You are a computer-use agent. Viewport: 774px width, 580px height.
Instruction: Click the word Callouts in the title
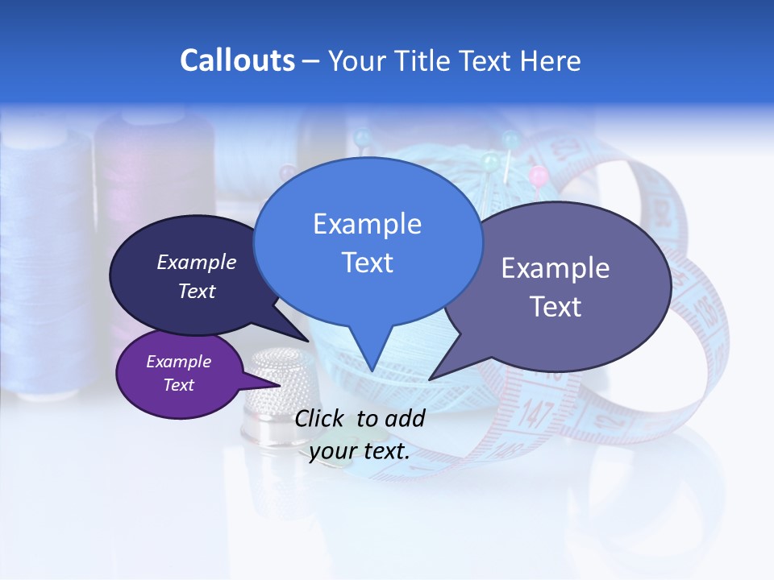237,60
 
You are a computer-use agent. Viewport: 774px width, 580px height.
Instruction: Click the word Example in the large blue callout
367,224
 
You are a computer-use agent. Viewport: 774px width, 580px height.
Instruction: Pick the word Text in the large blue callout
367,263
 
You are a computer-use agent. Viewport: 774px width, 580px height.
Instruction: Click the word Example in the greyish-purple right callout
556,268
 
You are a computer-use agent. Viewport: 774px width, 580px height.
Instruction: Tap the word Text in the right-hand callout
556,307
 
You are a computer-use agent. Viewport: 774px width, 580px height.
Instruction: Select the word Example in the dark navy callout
197,262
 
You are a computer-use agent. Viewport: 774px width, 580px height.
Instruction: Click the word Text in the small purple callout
179,385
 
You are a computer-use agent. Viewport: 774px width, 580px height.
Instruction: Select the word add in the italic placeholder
406,418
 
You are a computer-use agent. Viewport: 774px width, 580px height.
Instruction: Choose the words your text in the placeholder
360,451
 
